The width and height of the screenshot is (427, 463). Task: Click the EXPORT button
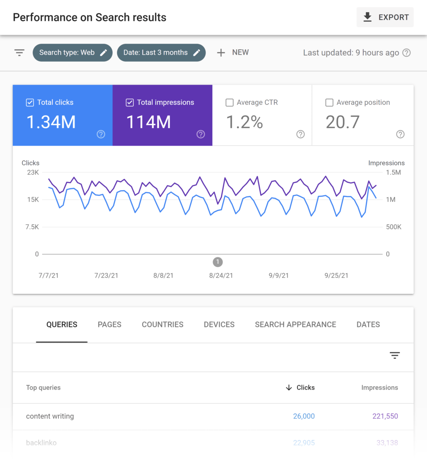click(x=385, y=18)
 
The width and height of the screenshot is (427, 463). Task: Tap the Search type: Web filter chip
click(x=73, y=53)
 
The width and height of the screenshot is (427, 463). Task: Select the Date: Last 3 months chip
click(x=161, y=53)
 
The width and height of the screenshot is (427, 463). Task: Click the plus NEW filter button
click(x=233, y=53)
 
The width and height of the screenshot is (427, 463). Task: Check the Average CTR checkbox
click(x=229, y=103)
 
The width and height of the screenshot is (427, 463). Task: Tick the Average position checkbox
click(x=329, y=103)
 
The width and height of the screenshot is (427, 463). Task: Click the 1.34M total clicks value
click(x=51, y=122)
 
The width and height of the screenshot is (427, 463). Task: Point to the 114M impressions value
click(x=148, y=122)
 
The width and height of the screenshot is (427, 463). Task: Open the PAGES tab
click(x=109, y=325)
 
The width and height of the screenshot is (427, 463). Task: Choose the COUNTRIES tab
click(x=163, y=325)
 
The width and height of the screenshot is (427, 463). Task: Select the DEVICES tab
click(x=219, y=325)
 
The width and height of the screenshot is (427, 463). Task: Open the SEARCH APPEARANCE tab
click(x=295, y=325)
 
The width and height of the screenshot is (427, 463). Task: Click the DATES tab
click(x=368, y=325)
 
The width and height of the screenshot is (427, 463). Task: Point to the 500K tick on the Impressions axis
click(x=393, y=227)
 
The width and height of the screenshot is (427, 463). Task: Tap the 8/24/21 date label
click(x=221, y=275)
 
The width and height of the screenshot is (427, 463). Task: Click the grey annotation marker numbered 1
click(x=218, y=262)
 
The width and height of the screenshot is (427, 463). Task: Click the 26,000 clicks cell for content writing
click(x=304, y=416)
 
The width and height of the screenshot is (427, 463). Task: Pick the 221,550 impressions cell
click(x=385, y=416)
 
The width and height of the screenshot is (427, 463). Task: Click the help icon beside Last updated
click(x=407, y=53)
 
